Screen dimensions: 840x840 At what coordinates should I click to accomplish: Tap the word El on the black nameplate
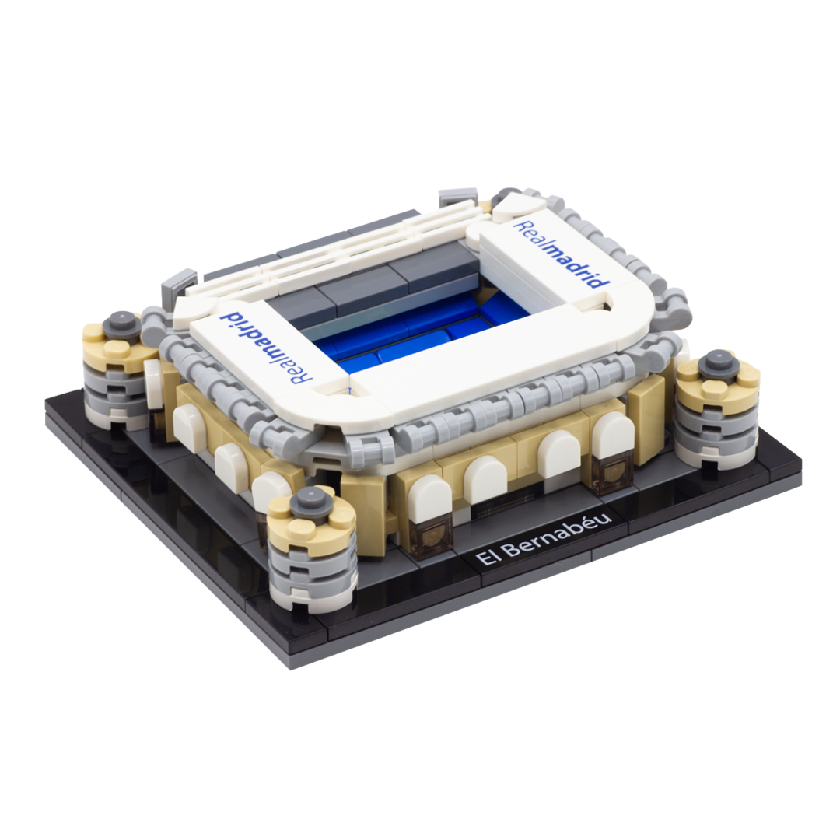[486, 557]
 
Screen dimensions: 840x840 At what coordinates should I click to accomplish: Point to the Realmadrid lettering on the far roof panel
[562, 254]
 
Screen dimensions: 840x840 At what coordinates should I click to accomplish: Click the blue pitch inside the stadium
[423, 332]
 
